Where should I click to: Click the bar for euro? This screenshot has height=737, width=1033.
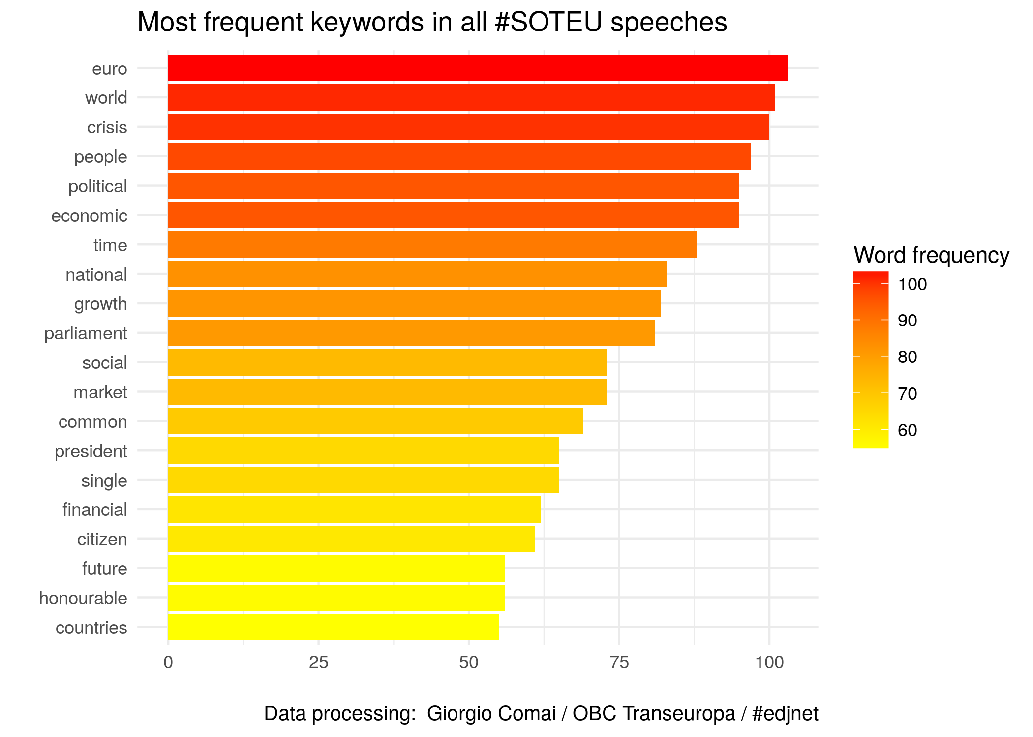tap(477, 68)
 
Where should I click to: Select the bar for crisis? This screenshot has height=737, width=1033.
tap(468, 127)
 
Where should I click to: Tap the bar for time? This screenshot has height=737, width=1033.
tap(432, 244)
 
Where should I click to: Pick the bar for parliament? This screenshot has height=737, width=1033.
tap(411, 333)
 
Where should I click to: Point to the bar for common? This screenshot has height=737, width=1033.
tap(375, 421)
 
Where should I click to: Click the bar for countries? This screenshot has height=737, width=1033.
tap(333, 627)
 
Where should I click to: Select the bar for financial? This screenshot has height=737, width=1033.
tap(354, 509)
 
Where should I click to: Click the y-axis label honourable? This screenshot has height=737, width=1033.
tap(83, 598)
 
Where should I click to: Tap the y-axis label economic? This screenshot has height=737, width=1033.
tap(89, 216)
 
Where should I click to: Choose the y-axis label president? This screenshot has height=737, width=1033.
tap(91, 451)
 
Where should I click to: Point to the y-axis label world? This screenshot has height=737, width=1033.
tap(106, 98)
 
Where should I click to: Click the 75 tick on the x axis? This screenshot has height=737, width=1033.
tap(619, 663)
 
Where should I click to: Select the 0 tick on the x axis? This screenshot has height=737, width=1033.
tap(168, 663)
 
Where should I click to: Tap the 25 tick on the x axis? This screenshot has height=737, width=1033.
tap(318, 663)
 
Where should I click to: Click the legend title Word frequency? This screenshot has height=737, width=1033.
tap(931, 255)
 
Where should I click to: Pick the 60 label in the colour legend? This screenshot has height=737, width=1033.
tap(908, 430)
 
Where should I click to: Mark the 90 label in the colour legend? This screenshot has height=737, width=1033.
tap(908, 321)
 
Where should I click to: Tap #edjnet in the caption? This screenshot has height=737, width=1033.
tap(785, 713)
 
